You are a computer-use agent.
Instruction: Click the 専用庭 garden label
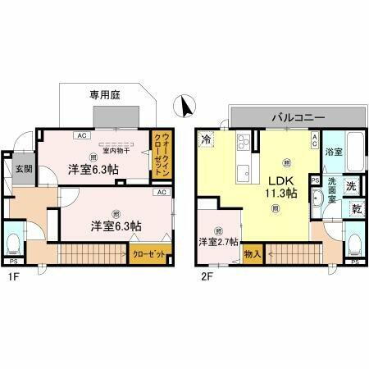105,96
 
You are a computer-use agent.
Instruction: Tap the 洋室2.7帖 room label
218,241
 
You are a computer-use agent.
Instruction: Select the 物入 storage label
253,255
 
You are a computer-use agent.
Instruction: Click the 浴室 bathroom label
333,153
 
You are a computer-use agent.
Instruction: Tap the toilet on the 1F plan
14,244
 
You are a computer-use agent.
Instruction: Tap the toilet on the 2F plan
353,244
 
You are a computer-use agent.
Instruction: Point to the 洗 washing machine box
352,186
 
